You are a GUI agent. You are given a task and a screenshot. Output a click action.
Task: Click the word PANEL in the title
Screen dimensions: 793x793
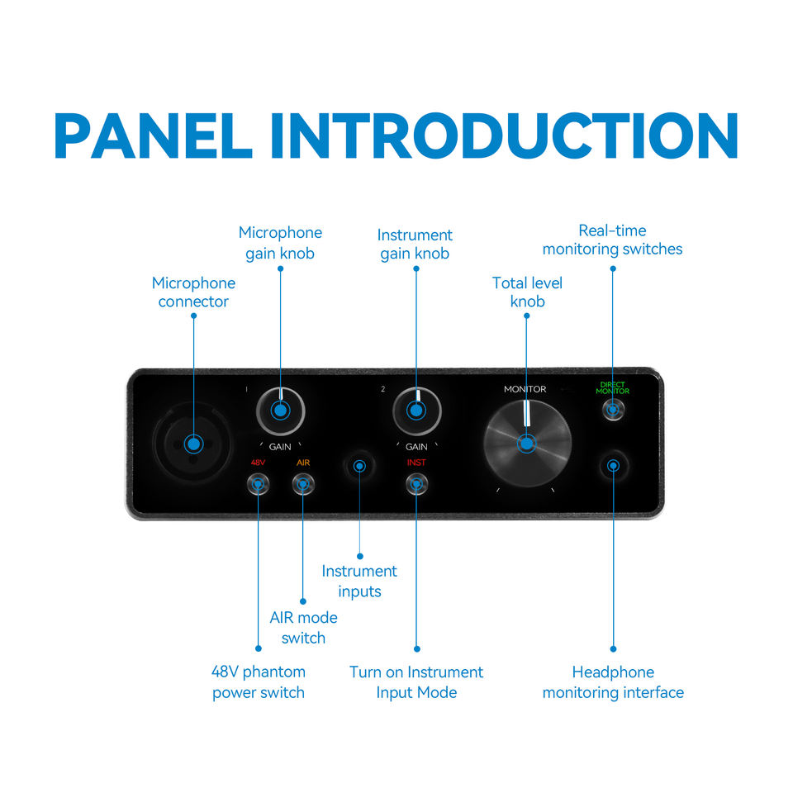[x=154, y=135]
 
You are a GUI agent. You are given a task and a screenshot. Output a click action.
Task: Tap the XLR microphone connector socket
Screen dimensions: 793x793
[x=193, y=444]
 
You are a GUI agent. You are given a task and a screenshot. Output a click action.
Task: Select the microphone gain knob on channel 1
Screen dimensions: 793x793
[x=280, y=410]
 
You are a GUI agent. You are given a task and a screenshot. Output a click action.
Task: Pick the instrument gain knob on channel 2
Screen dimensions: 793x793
[x=416, y=410]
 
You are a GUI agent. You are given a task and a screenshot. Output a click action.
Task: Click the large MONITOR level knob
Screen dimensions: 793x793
[x=526, y=444]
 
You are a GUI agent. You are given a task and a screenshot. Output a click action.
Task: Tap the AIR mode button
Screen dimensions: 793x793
[x=302, y=483]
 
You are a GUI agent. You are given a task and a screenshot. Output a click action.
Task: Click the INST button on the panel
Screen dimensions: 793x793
[x=416, y=483]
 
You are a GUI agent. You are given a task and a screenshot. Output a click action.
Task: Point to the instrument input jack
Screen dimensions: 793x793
[x=359, y=466]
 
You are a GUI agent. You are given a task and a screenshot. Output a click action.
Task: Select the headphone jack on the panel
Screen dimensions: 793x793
[x=612, y=466]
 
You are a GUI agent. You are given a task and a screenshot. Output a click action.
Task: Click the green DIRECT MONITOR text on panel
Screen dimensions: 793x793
[x=612, y=387]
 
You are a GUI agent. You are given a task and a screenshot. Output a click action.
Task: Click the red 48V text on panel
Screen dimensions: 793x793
[x=258, y=463]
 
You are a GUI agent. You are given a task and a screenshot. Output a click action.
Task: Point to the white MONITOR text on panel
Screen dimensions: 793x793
[x=525, y=389]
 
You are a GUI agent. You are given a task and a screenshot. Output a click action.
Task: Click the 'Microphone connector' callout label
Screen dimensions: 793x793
[x=193, y=292]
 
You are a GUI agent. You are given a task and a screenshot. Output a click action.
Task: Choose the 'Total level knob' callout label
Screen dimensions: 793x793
[x=527, y=292]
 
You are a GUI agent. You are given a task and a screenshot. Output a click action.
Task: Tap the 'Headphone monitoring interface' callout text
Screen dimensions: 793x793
[x=613, y=682]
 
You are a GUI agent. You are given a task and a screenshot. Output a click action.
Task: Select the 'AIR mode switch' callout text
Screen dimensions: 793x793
[x=303, y=628]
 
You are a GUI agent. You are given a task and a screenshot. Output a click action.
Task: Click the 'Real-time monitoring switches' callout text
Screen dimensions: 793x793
[x=612, y=240]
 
